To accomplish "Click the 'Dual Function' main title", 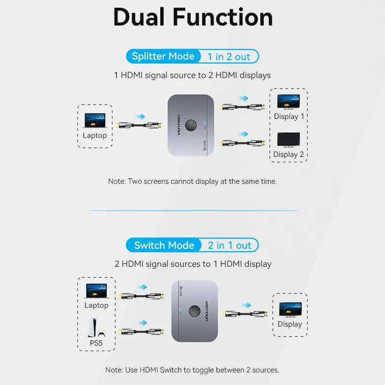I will click(192, 17).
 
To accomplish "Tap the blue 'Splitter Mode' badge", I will click(163, 56).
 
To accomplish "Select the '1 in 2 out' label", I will click(229, 57).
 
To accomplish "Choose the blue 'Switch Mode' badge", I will click(164, 245).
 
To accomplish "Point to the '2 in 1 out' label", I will click(230, 245).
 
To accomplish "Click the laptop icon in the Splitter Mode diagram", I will click(95, 120).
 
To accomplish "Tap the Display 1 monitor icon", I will click(289, 101).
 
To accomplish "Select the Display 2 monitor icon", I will click(289, 140).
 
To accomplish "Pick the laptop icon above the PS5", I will click(96, 291).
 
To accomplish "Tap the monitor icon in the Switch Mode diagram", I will click(290, 309).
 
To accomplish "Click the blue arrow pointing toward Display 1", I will click(244, 98).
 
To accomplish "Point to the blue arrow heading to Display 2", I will click(244, 134).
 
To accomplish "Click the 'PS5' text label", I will click(96, 343).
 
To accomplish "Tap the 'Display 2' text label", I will click(289, 154).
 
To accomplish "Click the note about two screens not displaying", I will click(192, 181).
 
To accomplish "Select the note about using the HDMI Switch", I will click(192, 370).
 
